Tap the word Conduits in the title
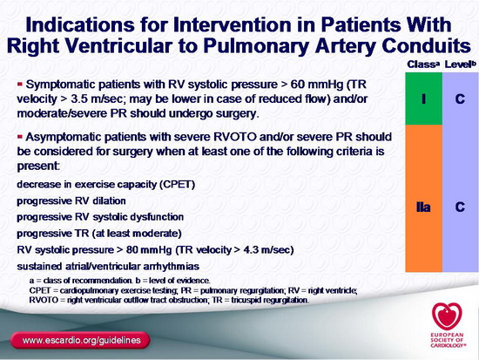[x=426, y=46]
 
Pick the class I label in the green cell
[x=423, y=98]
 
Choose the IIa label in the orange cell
[x=423, y=207]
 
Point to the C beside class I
[x=460, y=98]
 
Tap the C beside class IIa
[x=460, y=207]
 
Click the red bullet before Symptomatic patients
[x=21, y=84]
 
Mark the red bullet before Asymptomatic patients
[x=21, y=136]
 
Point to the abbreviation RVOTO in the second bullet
[x=235, y=136]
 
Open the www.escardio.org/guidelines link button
[x=81, y=340]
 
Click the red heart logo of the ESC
[x=447, y=316]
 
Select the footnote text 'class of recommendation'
[x=87, y=281]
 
